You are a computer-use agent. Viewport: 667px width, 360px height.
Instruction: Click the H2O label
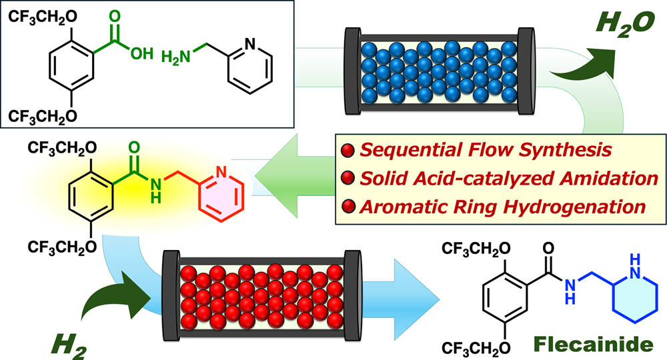(x=625, y=23)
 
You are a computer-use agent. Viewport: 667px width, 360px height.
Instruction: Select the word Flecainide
(x=594, y=344)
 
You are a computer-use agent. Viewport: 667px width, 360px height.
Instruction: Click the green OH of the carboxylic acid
(x=141, y=53)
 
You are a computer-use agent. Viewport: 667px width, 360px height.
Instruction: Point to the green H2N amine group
(x=175, y=57)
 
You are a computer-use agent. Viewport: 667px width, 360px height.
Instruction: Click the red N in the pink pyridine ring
(x=221, y=171)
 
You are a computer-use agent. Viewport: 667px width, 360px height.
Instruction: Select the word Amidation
(x=608, y=179)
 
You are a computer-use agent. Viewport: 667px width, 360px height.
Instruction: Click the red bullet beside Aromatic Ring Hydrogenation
(x=348, y=207)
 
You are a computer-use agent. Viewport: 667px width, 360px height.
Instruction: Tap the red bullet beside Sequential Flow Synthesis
(x=348, y=151)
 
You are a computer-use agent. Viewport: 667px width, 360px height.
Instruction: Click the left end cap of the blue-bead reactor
(x=352, y=71)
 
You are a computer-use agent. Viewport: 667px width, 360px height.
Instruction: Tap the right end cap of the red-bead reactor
(x=353, y=295)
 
